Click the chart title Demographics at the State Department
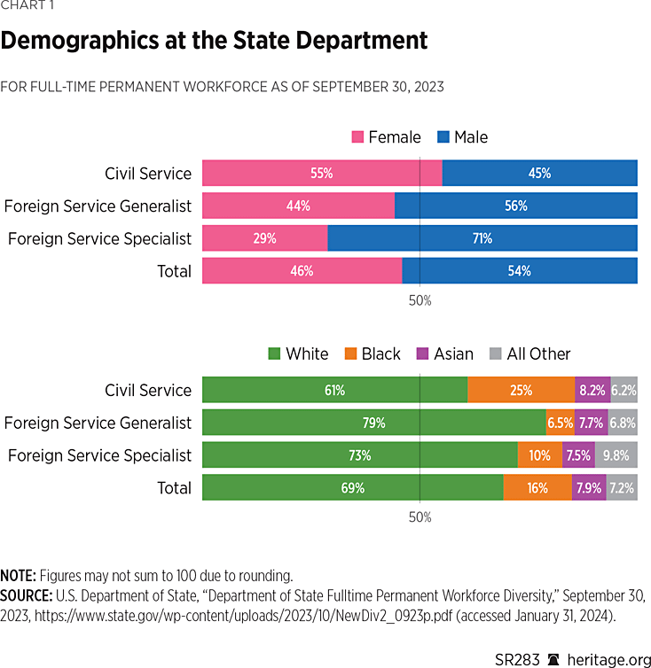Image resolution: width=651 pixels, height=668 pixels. pyautogui.click(x=214, y=41)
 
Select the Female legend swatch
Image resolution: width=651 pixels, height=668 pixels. pyautogui.click(x=358, y=137)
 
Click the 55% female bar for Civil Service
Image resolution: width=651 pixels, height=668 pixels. pyautogui.click(x=322, y=174)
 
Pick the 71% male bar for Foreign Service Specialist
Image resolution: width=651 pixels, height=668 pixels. pyautogui.click(x=482, y=238)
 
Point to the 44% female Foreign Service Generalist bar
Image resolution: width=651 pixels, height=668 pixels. pyautogui.click(x=298, y=206)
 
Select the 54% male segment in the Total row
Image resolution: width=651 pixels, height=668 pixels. pyautogui.click(x=520, y=271)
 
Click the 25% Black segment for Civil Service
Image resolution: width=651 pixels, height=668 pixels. pyautogui.click(x=522, y=391)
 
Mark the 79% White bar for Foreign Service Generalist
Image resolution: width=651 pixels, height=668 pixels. pyautogui.click(x=373, y=423)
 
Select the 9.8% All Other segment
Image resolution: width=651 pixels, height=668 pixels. pyautogui.click(x=616, y=455)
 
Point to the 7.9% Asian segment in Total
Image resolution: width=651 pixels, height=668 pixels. pyautogui.click(x=589, y=488)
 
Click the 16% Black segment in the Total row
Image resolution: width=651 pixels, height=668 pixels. pyautogui.click(x=537, y=488)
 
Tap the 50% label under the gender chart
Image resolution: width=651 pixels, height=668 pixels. pyautogui.click(x=420, y=300)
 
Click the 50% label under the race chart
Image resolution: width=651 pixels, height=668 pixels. pyautogui.click(x=420, y=517)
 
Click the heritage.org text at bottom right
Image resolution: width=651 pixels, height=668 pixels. pyautogui.click(x=608, y=649)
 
